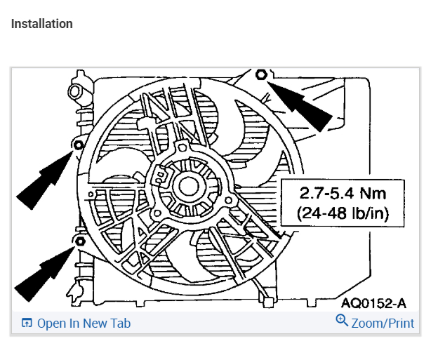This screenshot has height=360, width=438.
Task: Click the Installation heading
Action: pyautogui.click(x=42, y=24)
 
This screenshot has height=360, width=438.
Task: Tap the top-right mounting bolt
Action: pyautogui.click(x=261, y=74)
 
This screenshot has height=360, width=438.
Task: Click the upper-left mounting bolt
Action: pyautogui.click(x=79, y=145)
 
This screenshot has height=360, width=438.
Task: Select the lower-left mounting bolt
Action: pyautogui.click(x=80, y=241)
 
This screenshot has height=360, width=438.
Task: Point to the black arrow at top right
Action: pyautogui.click(x=299, y=105)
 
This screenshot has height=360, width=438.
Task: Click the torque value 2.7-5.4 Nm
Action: pyautogui.click(x=343, y=193)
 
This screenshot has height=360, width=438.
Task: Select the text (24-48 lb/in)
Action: pyautogui.click(x=343, y=213)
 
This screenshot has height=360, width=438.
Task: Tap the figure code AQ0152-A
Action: pyautogui.click(x=373, y=302)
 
